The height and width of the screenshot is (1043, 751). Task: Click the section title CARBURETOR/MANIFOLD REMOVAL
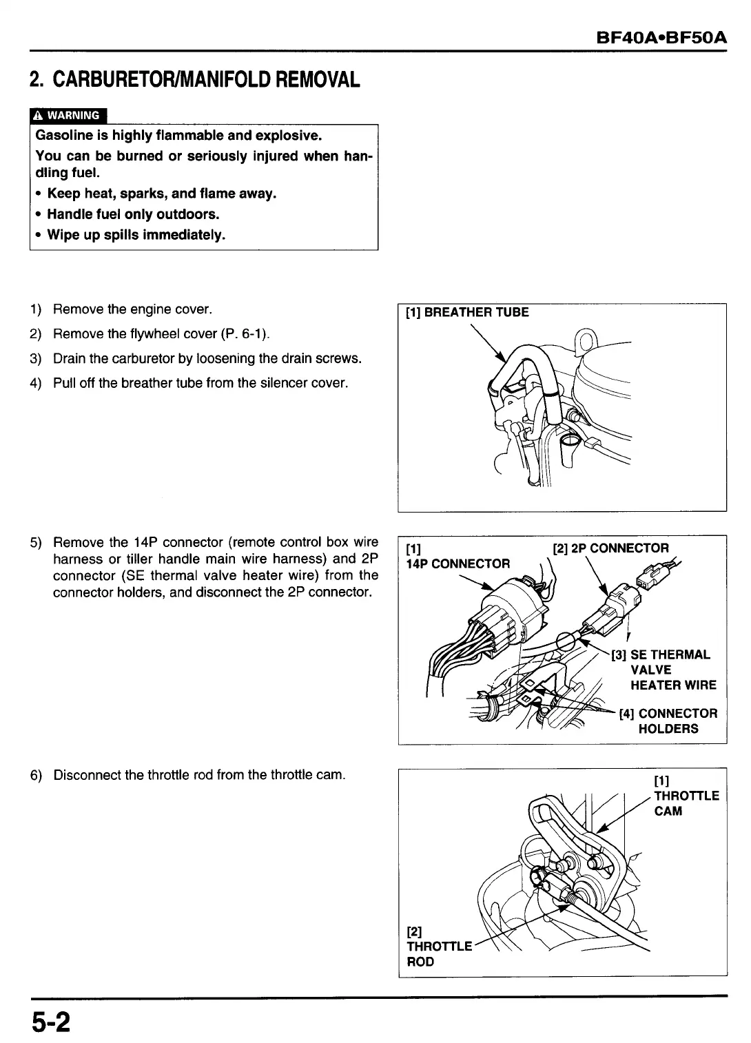pyautogui.click(x=195, y=81)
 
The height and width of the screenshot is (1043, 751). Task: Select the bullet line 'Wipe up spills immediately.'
pyautogui.click(x=136, y=235)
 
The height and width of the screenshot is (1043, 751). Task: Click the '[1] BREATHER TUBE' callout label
pyautogui.click(x=467, y=313)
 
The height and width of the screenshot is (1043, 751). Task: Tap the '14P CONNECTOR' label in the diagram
pyautogui.click(x=458, y=564)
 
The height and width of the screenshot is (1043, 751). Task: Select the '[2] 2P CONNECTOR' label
pyautogui.click(x=610, y=548)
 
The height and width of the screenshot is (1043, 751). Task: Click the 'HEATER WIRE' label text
pyautogui.click(x=673, y=685)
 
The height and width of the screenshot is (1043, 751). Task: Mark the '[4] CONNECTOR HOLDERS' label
pyautogui.click(x=668, y=721)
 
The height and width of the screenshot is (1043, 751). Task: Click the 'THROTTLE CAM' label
pyautogui.click(x=686, y=803)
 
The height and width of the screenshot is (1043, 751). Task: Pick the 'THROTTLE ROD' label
pyautogui.click(x=439, y=953)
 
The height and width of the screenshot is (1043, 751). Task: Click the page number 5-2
pyautogui.click(x=50, y=1022)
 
